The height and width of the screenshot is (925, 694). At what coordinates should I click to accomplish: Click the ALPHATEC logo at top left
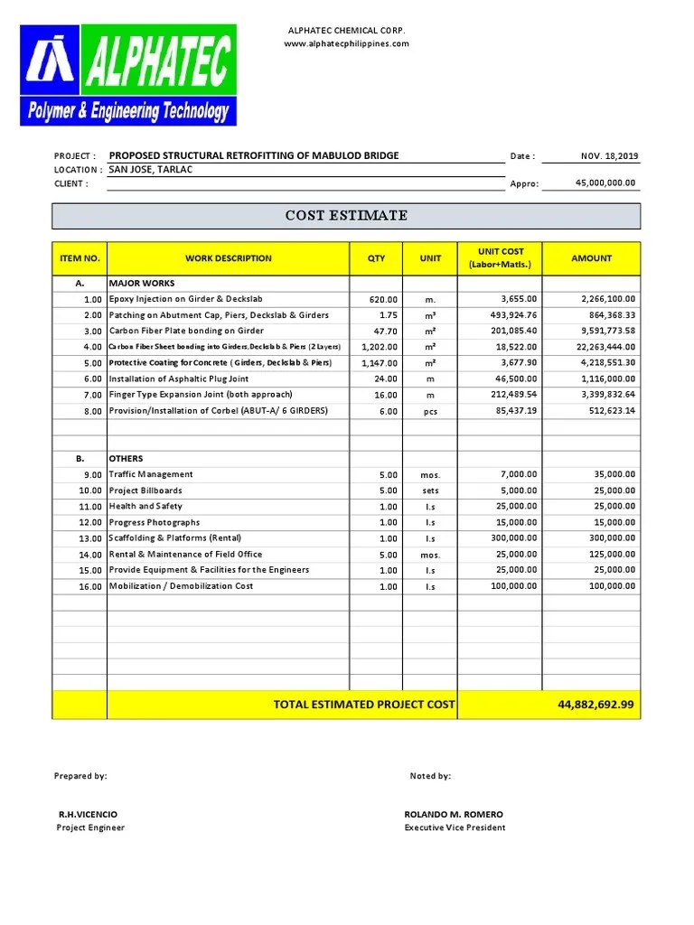coord(128,75)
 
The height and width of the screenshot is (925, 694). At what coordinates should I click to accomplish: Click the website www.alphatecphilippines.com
coord(347,44)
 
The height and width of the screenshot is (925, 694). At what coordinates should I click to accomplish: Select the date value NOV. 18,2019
coord(610,156)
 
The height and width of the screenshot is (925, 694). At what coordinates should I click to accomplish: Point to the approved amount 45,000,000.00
coord(605,183)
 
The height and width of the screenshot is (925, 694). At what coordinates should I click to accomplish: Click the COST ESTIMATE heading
coord(346,216)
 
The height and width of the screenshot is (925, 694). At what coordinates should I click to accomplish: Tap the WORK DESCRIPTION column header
coord(229,258)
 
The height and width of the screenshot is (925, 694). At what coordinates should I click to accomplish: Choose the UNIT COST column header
coord(500,257)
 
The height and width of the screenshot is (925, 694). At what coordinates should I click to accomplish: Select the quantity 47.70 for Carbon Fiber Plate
coord(383,332)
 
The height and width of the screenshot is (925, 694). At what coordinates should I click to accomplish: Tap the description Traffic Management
coord(151,474)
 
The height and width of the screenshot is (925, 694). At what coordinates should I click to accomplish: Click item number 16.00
coord(90,586)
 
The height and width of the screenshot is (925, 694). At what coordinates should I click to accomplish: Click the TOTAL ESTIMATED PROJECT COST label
coord(364,705)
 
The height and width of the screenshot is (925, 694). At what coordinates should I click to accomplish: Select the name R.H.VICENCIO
coord(88,815)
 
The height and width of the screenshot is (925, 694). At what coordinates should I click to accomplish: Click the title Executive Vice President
coord(455,828)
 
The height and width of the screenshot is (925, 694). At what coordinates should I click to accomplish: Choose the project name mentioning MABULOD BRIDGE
coord(254,155)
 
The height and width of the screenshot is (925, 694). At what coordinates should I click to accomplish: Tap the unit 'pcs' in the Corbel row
coord(430,411)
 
